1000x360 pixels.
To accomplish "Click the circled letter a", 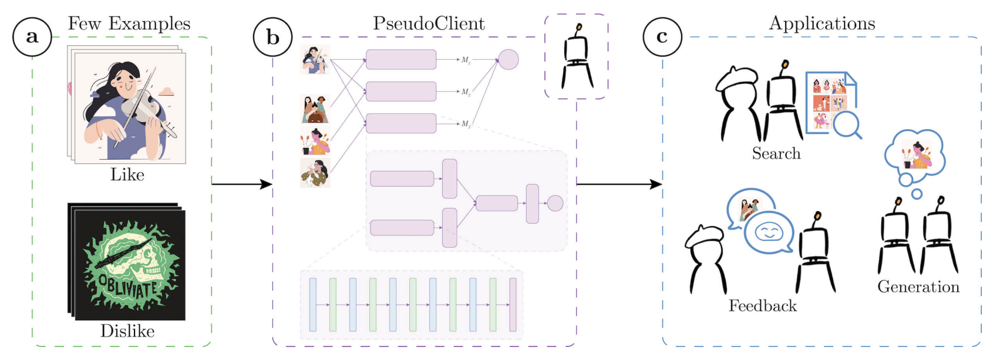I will point(32,36).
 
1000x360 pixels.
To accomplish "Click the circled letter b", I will point(272,36).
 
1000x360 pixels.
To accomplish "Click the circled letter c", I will point(662,36).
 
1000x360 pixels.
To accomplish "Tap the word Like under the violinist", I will point(127,174).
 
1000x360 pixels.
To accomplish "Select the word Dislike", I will point(127,331).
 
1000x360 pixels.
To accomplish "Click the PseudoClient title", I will point(429,23).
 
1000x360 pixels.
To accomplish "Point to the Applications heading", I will point(822,23).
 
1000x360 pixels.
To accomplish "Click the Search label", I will point(776,154).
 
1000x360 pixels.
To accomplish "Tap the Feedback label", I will point(763,306).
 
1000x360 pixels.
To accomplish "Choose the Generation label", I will point(918,287).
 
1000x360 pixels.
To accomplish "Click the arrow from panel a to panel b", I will point(241,184).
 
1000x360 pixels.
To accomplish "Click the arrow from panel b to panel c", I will point(619,184).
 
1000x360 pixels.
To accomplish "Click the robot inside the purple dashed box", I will point(577,59).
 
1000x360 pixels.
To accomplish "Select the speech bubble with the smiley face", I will point(769,233).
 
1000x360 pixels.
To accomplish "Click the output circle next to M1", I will point(509,60).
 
